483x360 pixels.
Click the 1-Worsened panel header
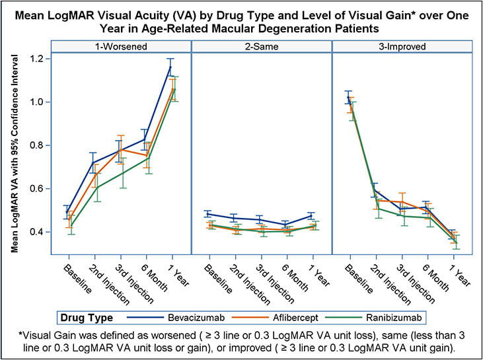coord(120,46)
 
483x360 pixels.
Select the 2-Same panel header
coord(262,46)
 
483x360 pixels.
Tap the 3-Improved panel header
coord(402,46)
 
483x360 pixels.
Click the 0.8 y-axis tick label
coord(42,145)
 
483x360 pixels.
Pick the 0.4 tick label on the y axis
coord(42,232)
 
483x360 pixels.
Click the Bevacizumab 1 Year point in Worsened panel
coord(171,67)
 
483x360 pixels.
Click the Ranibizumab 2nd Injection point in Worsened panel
coord(94,188)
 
